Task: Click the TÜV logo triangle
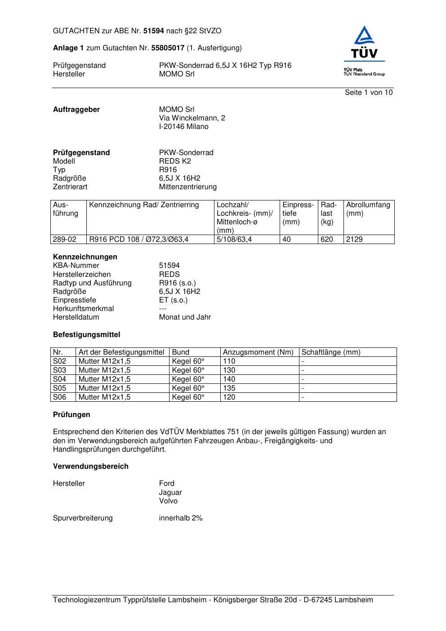coord(364,37)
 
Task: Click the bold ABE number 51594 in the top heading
coord(154,31)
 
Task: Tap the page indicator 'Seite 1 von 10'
coord(368,93)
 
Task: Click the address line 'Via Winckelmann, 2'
coord(192,118)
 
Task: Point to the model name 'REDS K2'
coord(175,161)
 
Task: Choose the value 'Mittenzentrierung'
coord(187,187)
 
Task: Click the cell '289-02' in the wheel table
coord(65,240)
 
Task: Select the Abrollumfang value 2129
coord(354,240)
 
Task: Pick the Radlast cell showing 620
coord(327,240)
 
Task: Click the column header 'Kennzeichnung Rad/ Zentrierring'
coord(144,205)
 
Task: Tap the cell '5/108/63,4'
coord(234,240)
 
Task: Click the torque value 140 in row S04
coord(229,379)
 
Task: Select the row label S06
coord(60,397)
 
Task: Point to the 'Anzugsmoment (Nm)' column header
coord(258,352)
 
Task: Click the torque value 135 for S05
coord(229,388)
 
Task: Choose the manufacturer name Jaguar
coord(170,493)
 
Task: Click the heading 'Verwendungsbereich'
coord(91,467)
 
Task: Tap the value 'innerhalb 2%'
coord(181,518)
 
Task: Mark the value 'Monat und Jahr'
coord(185,317)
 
